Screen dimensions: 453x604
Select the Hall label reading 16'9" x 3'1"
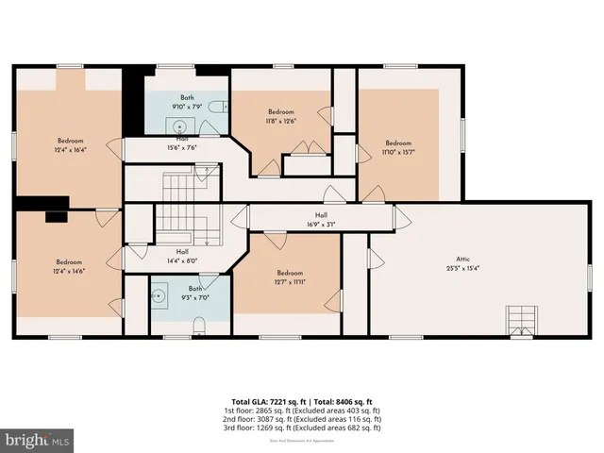321,221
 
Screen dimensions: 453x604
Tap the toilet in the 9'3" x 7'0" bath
198,326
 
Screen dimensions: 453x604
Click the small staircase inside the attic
520,320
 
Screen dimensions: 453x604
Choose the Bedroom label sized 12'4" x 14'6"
68,267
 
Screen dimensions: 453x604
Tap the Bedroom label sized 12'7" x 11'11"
287,275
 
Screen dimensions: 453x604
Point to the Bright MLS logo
38,440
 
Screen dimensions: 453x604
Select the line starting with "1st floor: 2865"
302,410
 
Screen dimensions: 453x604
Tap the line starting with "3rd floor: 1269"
302,428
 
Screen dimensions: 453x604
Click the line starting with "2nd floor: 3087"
302,419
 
